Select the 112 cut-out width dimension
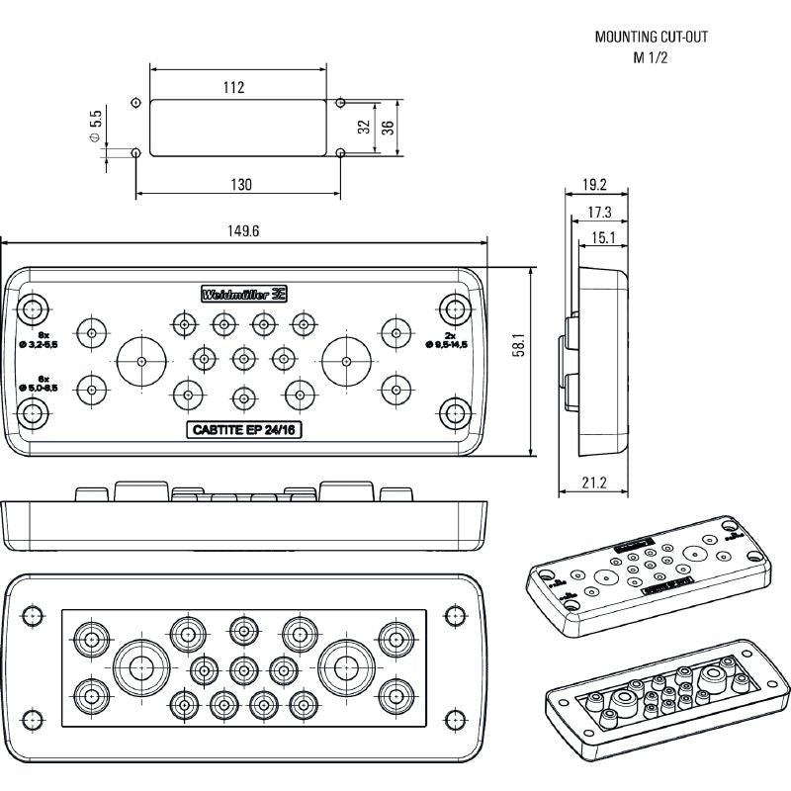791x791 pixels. point(233,88)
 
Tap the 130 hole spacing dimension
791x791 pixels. point(240,185)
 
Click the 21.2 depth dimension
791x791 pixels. point(593,483)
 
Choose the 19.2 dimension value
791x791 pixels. point(593,184)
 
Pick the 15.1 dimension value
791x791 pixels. point(603,237)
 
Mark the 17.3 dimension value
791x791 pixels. point(598,212)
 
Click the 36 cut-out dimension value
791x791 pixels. point(388,128)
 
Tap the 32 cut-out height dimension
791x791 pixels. point(363,128)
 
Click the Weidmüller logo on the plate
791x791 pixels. point(243,294)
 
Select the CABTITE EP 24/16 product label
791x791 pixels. point(243,428)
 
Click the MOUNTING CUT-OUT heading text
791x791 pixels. point(651,38)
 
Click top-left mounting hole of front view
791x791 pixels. point(34,305)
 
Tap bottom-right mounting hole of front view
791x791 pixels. point(454,412)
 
